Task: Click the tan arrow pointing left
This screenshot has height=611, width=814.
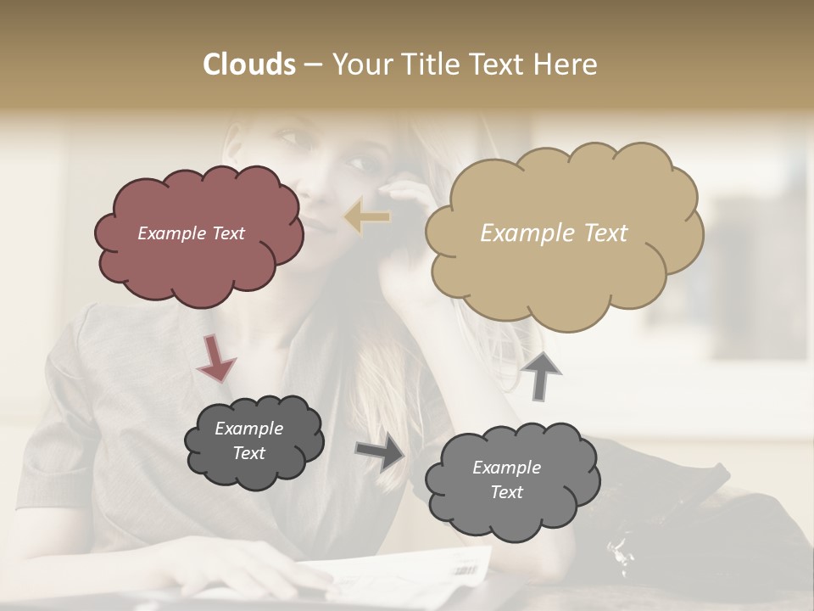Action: pyautogui.click(x=367, y=217)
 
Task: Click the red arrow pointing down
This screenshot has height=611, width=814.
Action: pyautogui.click(x=215, y=357)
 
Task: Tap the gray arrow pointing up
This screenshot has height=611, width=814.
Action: pyautogui.click(x=542, y=376)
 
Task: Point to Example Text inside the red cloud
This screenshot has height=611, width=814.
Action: pyautogui.click(x=191, y=233)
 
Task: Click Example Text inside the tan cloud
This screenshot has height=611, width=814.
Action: pyautogui.click(x=554, y=233)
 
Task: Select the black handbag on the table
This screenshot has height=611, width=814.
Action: pyautogui.click(x=670, y=518)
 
